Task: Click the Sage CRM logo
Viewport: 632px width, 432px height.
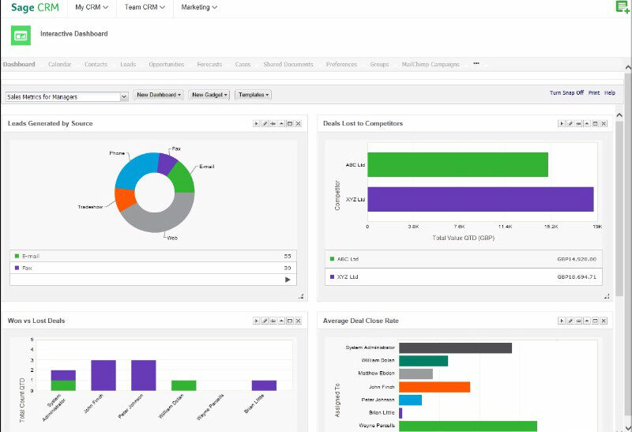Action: click(x=36, y=8)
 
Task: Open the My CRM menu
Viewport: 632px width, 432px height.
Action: click(x=91, y=7)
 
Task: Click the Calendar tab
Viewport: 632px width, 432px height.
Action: click(x=59, y=64)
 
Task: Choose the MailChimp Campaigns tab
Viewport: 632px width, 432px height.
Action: click(x=431, y=64)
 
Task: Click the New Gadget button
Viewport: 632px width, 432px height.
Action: click(x=209, y=95)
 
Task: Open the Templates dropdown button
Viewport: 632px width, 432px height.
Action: click(x=253, y=95)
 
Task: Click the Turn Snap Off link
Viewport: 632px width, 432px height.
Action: click(x=566, y=92)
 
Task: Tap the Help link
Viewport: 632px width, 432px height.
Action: click(x=609, y=92)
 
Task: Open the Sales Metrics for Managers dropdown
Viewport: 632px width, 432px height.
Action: click(x=66, y=97)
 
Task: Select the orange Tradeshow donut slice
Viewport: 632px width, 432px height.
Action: click(x=125, y=199)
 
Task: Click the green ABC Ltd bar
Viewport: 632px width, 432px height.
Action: click(x=457, y=164)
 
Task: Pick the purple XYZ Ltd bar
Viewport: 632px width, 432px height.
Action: click(x=480, y=199)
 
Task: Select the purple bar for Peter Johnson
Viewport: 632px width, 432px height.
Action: click(x=143, y=375)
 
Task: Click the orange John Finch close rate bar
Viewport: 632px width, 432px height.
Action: click(x=434, y=387)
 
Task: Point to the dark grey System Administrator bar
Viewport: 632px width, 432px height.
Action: click(x=455, y=347)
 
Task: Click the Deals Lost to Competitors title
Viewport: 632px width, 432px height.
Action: click(x=363, y=123)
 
